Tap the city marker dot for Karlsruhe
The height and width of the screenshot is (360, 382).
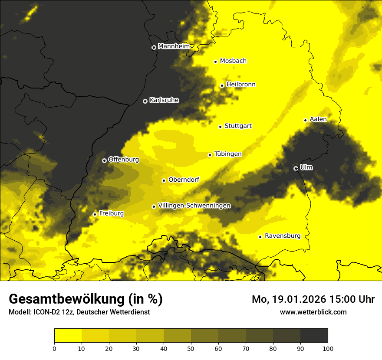pos(145,101)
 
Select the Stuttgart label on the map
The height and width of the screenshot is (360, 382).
pos(238,126)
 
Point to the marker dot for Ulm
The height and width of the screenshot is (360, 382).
pos(296,168)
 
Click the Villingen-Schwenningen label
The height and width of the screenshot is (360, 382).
pos(194,206)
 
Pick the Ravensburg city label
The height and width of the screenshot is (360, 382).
pos(282,236)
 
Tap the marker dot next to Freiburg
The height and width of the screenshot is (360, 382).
pos(95,214)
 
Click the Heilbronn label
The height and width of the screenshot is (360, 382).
pos(241,85)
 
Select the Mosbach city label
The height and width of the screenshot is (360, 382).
pos(233,61)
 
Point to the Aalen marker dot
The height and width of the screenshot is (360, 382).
pos(305,120)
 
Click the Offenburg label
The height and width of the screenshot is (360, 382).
pos(124,160)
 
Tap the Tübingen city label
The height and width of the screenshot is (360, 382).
pos(228,154)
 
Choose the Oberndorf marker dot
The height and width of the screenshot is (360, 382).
pos(164,180)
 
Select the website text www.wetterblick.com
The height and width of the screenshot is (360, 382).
pos(313,312)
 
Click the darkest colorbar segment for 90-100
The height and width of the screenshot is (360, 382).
pos(314,335)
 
